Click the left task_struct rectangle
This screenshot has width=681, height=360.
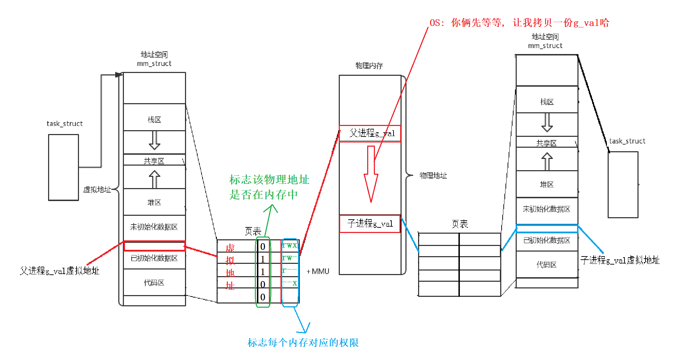(x=63, y=167)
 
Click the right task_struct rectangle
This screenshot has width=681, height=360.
(x=623, y=185)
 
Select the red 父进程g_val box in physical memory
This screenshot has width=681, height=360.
(x=370, y=133)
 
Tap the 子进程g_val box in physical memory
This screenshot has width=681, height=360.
(x=370, y=224)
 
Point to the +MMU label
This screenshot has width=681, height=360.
(x=318, y=271)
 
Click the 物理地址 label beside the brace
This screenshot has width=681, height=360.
(x=433, y=175)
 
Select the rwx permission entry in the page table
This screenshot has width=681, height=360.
(x=290, y=245)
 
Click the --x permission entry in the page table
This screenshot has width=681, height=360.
(x=290, y=283)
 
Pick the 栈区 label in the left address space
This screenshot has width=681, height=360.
(x=154, y=120)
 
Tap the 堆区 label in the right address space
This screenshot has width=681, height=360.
(x=547, y=184)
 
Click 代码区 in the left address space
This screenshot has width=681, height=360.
(x=154, y=282)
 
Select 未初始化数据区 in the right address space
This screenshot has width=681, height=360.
(x=546, y=209)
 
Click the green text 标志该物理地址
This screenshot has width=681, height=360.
(x=269, y=180)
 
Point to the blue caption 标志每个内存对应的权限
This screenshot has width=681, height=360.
(x=303, y=342)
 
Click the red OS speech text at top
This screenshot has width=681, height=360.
(x=519, y=23)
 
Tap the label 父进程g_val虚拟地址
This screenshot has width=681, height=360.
(x=60, y=271)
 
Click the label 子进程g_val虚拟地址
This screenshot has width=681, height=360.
(x=620, y=260)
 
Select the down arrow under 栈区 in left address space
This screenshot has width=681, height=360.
(x=154, y=141)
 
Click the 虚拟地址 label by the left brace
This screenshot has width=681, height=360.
(x=97, y=189)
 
